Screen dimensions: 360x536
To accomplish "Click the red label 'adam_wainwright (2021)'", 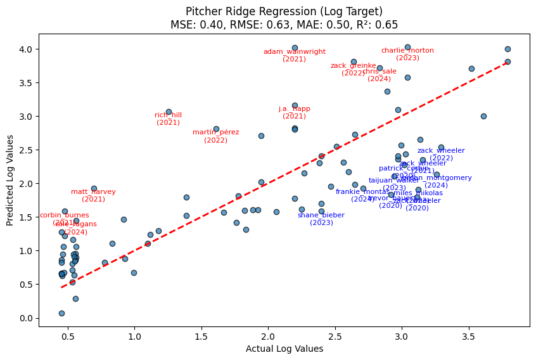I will pyautogui.click(x=295, y=55).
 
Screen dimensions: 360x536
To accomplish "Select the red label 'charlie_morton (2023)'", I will pyautogui.click(x=407, y=54).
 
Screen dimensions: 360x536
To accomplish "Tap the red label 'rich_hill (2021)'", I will pyautogui.click(x=169, y=119).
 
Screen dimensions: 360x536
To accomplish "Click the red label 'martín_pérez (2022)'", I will pyautogui.click(x=216, y=136).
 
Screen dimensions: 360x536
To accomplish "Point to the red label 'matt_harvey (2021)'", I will pyautogui.click(x=93, y=195).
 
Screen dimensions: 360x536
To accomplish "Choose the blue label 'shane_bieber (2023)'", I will pyautogui.click(x=321, y=219).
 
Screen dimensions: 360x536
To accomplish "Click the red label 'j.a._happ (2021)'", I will pyautogui.click(x=295, y=112).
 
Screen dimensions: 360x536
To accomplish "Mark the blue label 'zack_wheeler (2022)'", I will pyautogui.click(x=441, y=154).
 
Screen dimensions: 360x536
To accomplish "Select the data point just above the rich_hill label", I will pyautogui.click(x=169, y=112).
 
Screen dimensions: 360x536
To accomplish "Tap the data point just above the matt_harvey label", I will pyautogui.click(x=94, y=188).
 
